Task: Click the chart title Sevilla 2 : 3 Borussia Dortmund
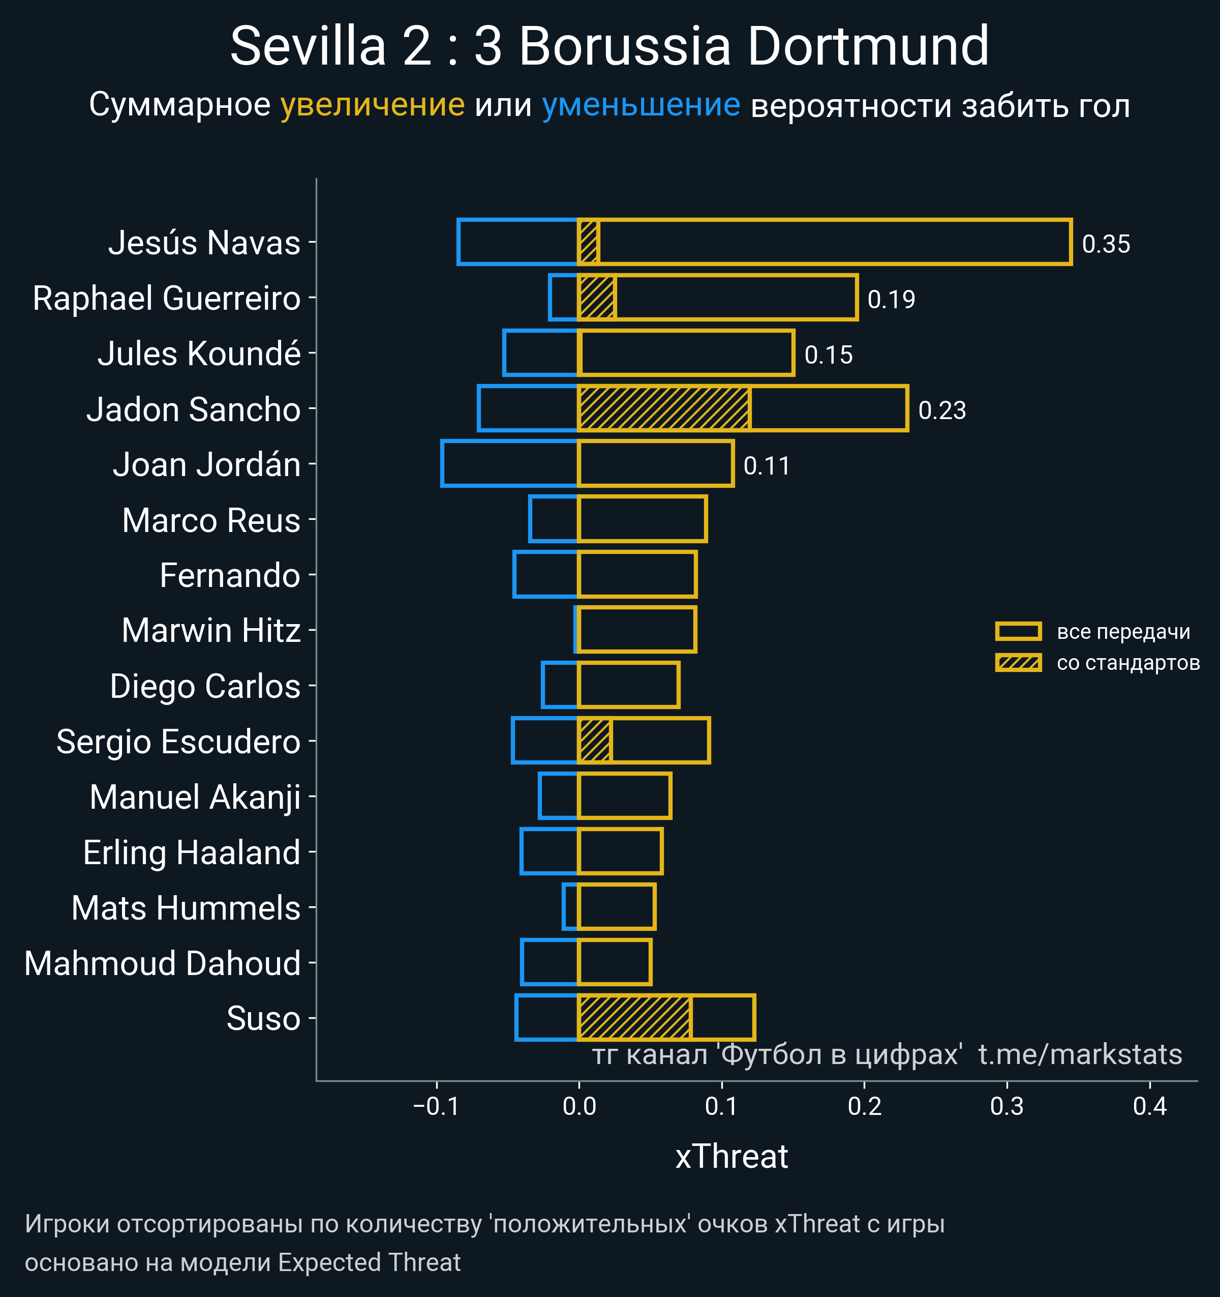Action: (609, 47)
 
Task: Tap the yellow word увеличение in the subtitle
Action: (372, 105)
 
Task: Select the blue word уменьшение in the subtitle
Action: (641, 105)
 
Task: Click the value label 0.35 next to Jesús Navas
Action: (1106, 244)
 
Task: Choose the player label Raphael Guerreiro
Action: (167, 298)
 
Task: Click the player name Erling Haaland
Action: (192, 852)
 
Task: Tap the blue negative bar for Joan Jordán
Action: (510, 464)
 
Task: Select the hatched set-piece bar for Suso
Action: (634, 1018)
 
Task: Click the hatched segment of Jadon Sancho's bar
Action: (664, 408)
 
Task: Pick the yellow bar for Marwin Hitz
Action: (637, 630)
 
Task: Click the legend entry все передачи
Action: (1123, 632)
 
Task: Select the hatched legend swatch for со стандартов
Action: (1018, 663)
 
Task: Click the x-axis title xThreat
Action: (731, 1157)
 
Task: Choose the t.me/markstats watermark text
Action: (1080, 1054)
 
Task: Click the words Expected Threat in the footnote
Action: (369, 1262)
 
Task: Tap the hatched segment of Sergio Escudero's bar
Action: (595, 741)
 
